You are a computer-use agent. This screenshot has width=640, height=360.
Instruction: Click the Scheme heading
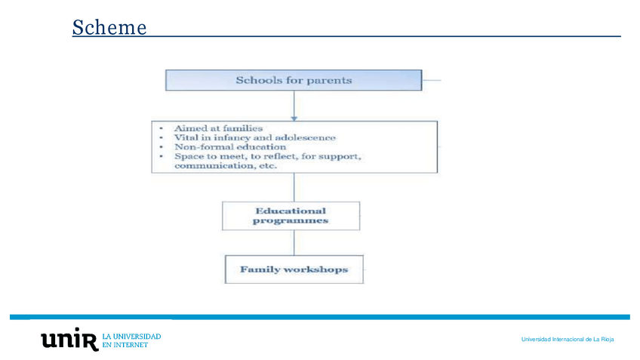[x=109, y=28]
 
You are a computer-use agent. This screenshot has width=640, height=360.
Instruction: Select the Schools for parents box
[x=294, y=80]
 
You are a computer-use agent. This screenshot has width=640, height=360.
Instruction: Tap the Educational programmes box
[x=291, y=216]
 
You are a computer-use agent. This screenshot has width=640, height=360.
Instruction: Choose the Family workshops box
[x=294, y=269]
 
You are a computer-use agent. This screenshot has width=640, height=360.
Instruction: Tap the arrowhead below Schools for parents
[x=294, y=117]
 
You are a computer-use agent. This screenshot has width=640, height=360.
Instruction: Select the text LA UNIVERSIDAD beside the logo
[x=131, y=335]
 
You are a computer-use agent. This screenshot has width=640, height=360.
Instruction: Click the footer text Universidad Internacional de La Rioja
[x=567, y=340]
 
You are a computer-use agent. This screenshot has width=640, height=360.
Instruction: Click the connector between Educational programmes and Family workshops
[x=294, y=242]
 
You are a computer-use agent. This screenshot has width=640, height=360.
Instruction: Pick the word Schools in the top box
[x=255, y=80]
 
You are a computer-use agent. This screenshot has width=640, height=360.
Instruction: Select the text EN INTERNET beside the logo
[x=125, y=345]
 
